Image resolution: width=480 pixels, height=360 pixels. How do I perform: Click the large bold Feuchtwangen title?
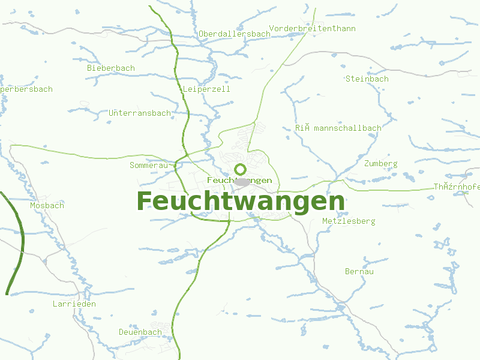pos(241,201)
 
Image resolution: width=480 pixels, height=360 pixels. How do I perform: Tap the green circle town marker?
pos(241,169)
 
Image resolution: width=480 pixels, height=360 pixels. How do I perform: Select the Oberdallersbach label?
pos(235,34)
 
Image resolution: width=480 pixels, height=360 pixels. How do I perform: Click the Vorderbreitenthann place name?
pos(313,28)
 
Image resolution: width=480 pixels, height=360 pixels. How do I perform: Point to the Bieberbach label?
pos(111,68)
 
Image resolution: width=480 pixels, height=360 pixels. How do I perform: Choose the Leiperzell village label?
pos(206,89)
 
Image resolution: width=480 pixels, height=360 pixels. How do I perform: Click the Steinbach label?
pos(367,79)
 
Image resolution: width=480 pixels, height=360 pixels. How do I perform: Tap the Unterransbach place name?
pos(140,113)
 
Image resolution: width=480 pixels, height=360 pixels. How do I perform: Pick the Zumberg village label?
pos(380,163)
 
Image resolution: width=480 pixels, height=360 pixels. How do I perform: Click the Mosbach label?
pos(47,205)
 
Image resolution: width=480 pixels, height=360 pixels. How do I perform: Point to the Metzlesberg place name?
pos(349,221)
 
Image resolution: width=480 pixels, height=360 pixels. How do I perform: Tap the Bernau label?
pos(359,271)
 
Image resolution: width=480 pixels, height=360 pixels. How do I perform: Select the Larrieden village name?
pos(74,304)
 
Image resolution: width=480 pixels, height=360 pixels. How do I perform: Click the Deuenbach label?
pos(140,332)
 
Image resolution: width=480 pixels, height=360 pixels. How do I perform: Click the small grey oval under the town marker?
pos(242,181)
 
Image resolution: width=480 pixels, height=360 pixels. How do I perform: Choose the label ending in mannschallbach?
pos(338,128)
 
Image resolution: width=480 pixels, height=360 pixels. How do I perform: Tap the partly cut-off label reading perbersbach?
pos(26,89)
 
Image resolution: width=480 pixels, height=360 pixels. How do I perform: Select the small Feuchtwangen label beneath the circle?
pos(239,180)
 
